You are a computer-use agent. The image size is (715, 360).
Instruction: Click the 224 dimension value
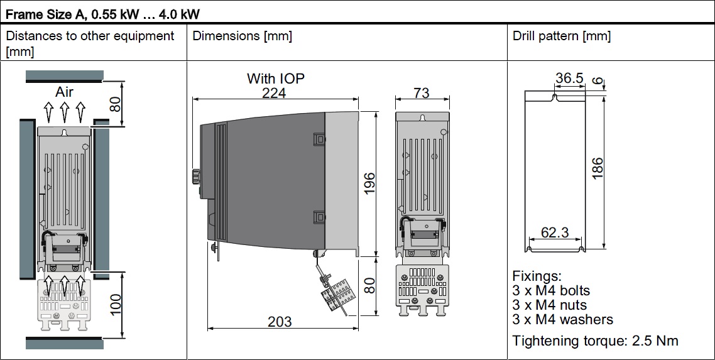(274, 93)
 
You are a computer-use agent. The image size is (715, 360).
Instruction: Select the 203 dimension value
(280, 322)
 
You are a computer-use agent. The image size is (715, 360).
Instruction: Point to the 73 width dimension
(422, 93)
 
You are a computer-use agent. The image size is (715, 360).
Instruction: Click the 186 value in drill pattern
(598, 168)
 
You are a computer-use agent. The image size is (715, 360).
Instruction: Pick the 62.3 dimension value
(555, 232)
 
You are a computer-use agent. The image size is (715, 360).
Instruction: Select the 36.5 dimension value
(569, 79)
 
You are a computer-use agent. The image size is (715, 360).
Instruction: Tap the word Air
(64, 92)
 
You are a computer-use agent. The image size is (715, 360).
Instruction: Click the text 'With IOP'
(276, 79)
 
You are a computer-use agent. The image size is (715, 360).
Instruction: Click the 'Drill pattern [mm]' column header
(562, 36)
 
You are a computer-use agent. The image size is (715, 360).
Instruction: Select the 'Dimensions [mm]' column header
(243, 36)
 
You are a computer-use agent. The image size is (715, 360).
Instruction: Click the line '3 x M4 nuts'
(552, 305)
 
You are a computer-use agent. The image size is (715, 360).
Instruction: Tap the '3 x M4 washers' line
(563, 319)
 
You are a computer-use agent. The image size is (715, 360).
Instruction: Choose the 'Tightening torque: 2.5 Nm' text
(596, 341)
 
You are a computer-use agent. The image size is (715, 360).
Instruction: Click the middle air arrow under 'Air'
(64, 112)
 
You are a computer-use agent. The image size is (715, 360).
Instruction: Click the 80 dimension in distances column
(116, 104)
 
